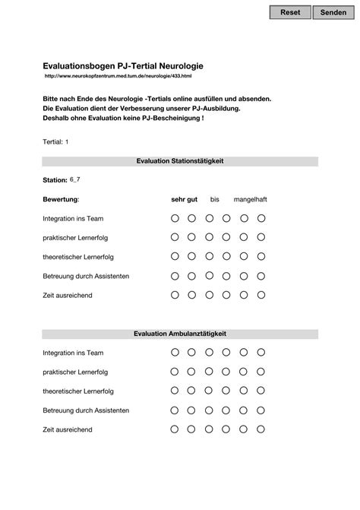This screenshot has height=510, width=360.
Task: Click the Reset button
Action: tap(290, 13)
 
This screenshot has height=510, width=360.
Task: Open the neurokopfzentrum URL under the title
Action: tap(118, 77)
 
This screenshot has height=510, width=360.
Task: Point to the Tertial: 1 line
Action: tap(56, 142)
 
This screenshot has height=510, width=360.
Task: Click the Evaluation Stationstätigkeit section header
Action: tap(180, 161)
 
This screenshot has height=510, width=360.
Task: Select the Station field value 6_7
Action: tap(75, 179)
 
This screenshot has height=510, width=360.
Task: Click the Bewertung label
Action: tap(61, 199)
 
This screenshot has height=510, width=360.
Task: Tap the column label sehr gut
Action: tap(184, 199)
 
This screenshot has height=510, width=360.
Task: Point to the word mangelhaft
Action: tap(250, 199)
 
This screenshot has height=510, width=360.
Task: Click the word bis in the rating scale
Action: tap(215, 199)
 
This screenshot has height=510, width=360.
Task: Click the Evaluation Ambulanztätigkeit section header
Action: tap(180, 334)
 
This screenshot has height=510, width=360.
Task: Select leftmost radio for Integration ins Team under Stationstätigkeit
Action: tap(175, 218)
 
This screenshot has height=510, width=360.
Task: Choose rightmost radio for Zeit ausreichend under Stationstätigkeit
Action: tap(261, 294)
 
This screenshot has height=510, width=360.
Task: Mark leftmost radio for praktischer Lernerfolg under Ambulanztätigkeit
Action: tap(175, 372)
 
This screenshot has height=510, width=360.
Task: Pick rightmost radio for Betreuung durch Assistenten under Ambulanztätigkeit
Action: tap(261, 410)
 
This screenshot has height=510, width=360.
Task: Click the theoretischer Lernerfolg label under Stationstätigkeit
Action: tap(78, 256)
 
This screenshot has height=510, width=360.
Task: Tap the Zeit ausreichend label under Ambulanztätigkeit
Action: tap(68, 429)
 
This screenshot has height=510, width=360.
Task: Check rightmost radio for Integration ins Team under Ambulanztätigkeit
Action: tap(261, 353)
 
